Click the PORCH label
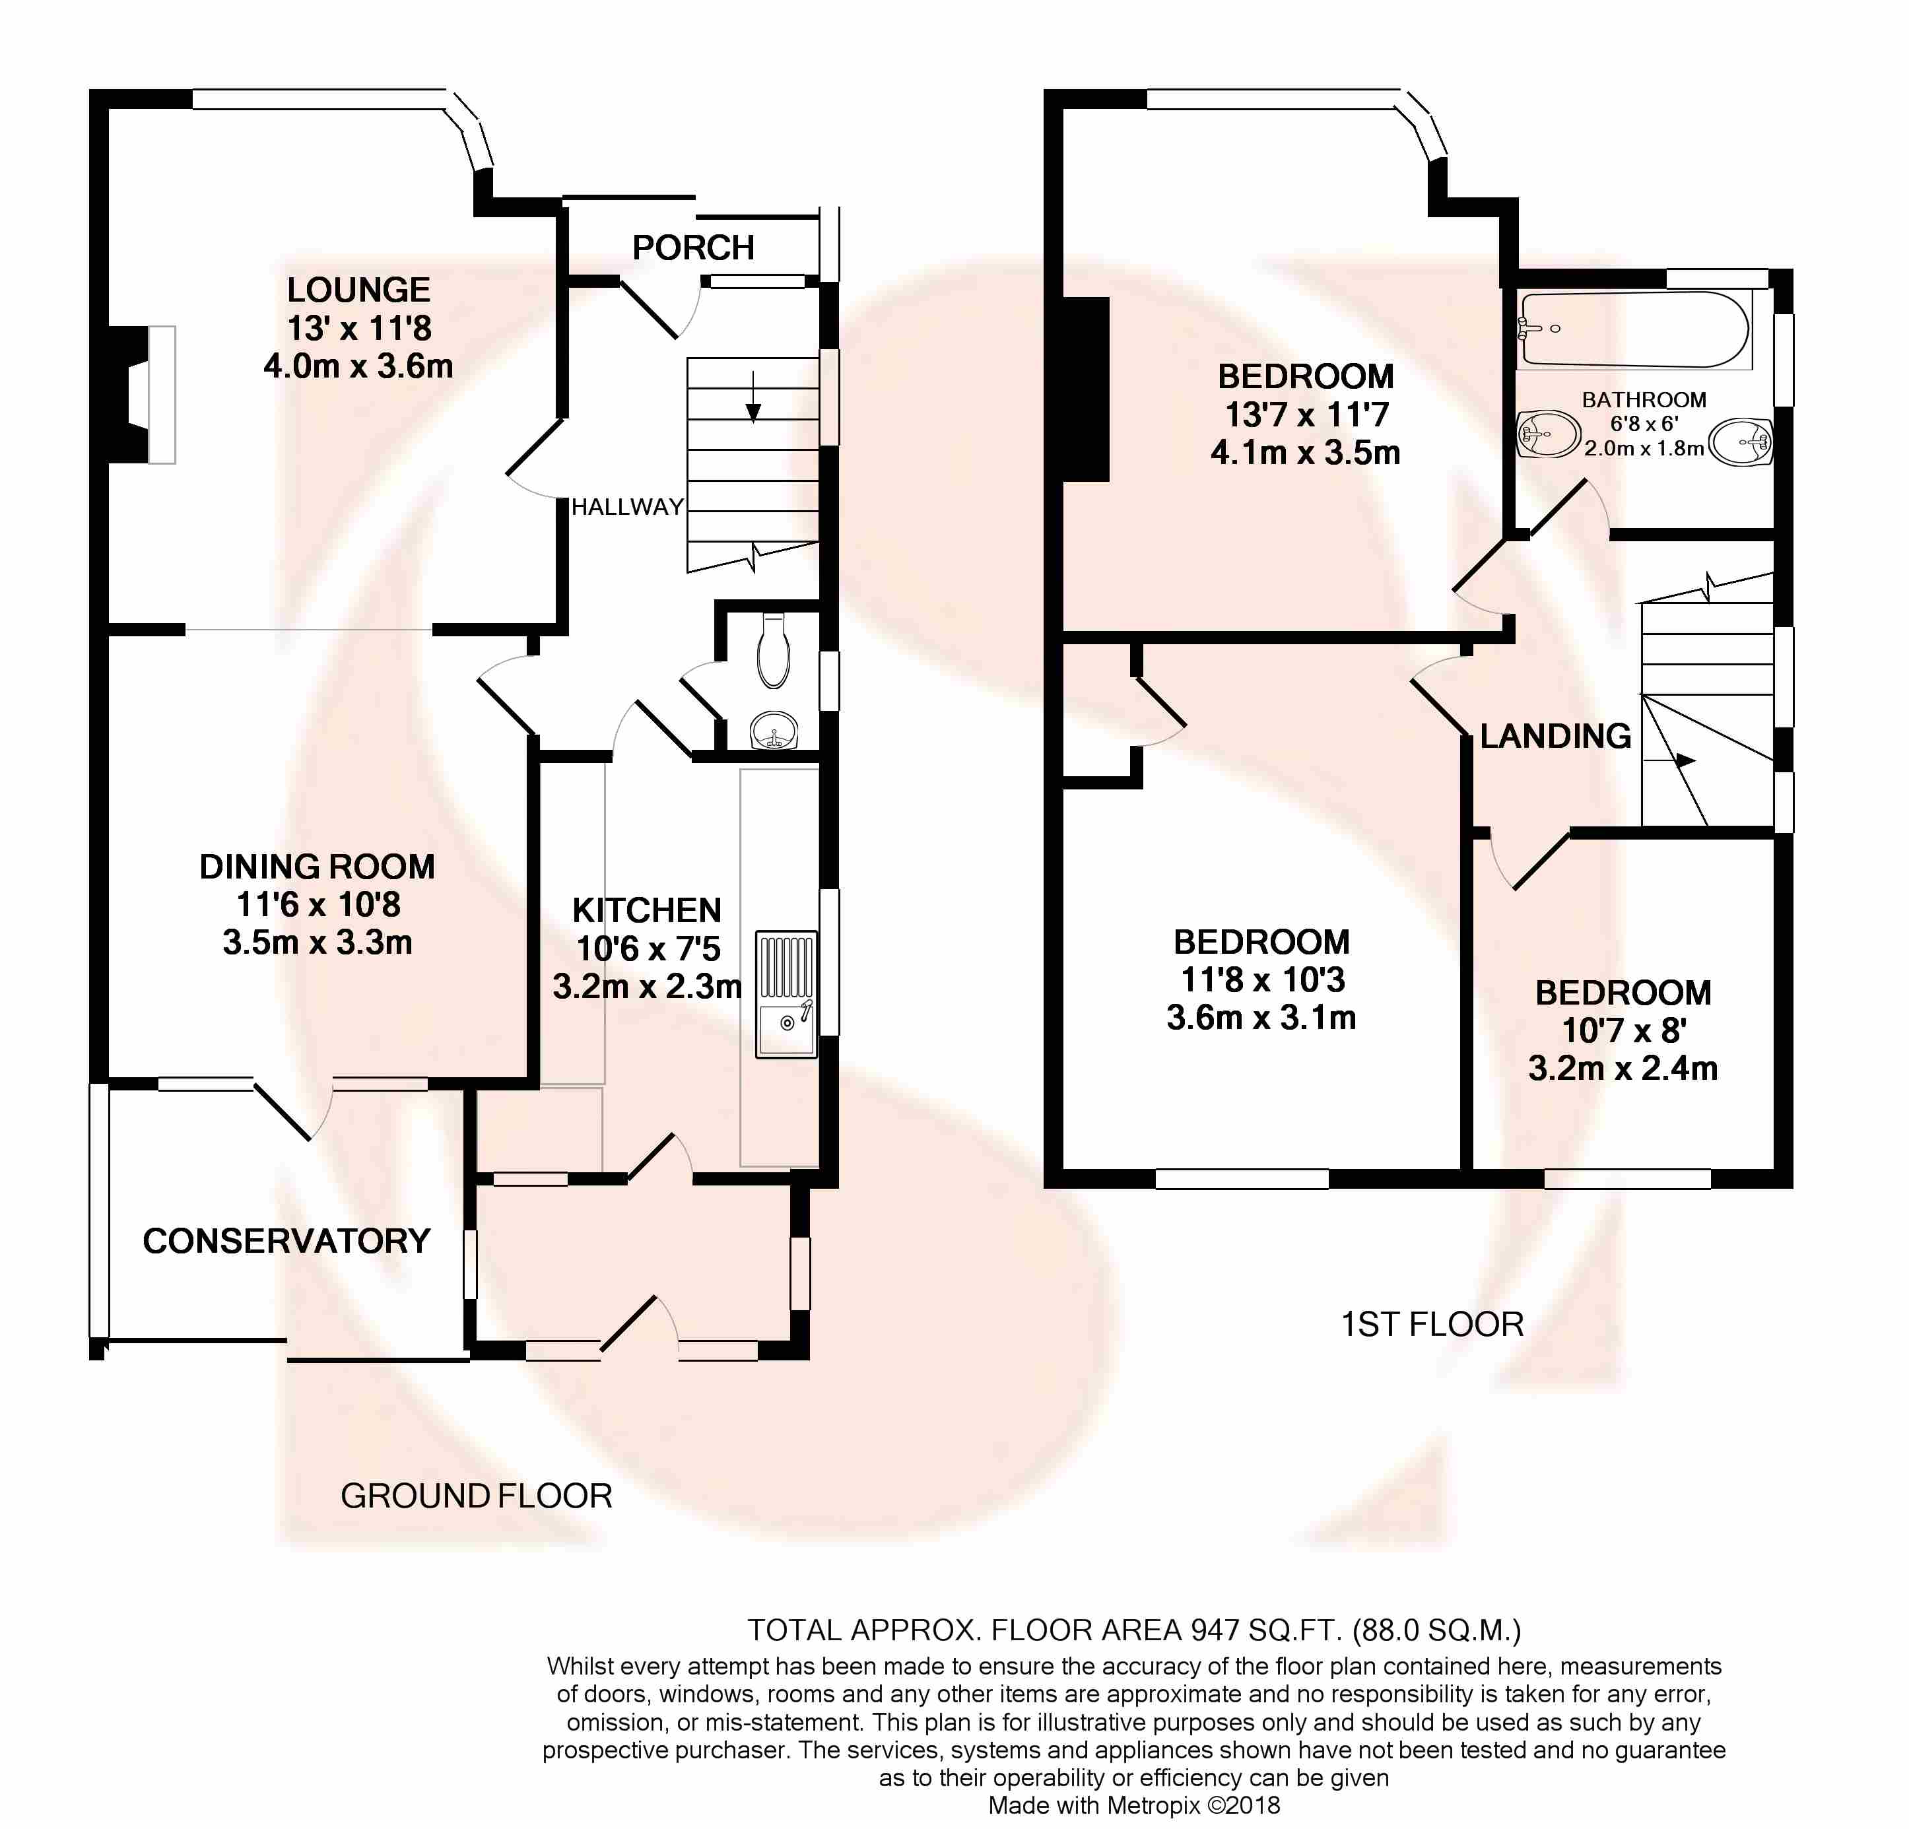tap(694, 248)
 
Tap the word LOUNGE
tap(358, 290)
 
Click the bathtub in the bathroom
tap(1636, 329)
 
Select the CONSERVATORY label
tap(286, 1241)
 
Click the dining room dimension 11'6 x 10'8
tap(318, 905)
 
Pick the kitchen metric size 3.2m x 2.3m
tap(648, 987)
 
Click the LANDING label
tap(1555, 736)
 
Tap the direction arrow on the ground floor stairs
tap(753, 397)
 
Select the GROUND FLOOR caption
tap(477, 1496)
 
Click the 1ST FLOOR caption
tap(1432, 1325)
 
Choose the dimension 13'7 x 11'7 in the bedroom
tap(1306, 415)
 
